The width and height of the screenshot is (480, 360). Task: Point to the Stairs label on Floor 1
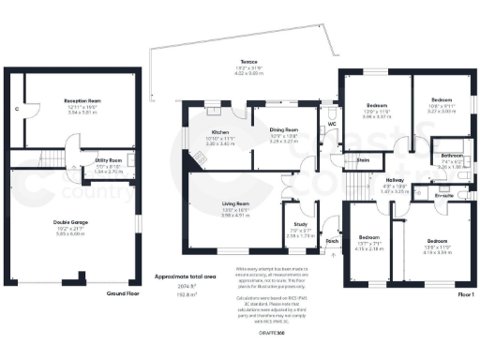pos(364,160)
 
